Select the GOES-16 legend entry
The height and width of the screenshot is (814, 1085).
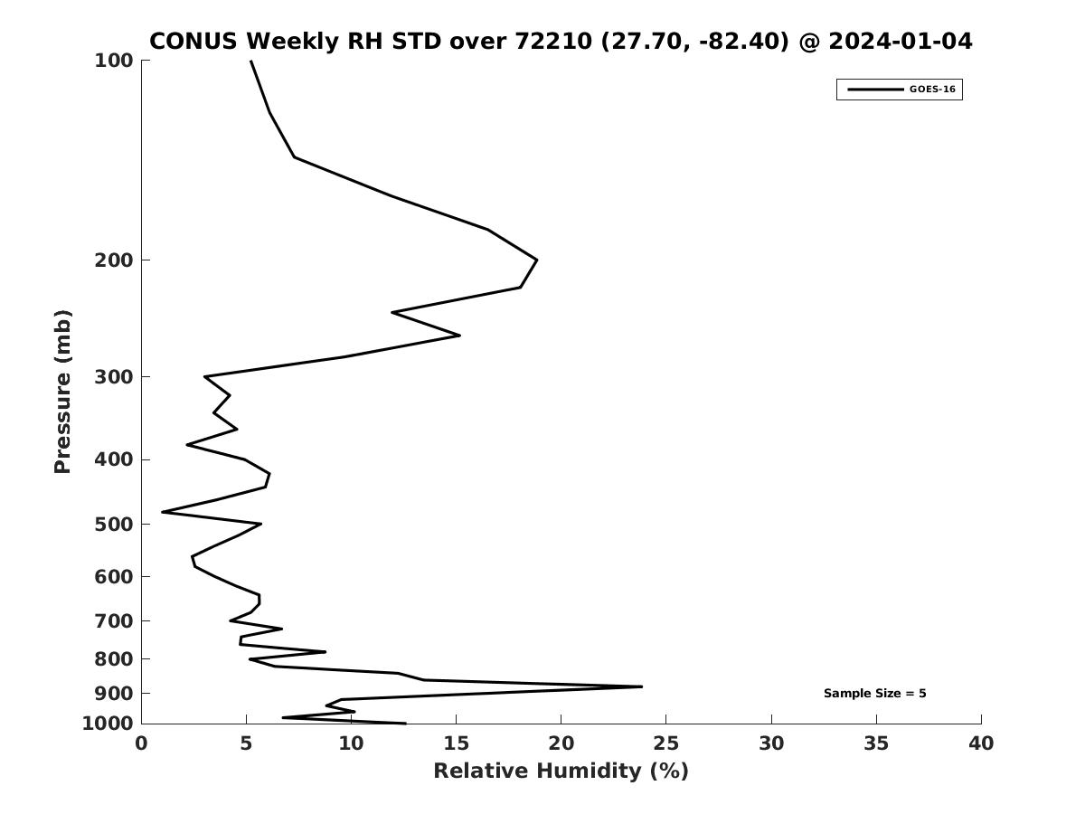coord(899,90)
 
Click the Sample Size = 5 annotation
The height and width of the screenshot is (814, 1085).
coord(874,694)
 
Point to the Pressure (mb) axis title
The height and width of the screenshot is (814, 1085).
coord(61,392)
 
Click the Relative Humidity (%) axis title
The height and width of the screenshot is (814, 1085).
coord(561,771)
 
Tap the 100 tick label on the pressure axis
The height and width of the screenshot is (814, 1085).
coord(114,61)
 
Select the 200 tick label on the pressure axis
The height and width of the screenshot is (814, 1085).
coord(114,260)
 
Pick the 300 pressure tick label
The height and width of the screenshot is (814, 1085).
coord(114,377)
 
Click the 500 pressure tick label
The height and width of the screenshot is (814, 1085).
coord(114,525)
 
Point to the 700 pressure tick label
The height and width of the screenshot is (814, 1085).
coord(114,621)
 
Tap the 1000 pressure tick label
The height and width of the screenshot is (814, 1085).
coord(108,724)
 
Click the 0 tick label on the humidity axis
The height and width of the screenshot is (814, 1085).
coord(141,743)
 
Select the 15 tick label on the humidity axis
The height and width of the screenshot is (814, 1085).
coord(456,743)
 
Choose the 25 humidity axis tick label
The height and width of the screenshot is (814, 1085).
coord(665,743)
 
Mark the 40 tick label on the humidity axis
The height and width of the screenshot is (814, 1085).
coord(980,743)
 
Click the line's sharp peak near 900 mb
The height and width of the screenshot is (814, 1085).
coord(641,686)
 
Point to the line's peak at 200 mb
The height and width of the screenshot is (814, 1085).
coord(536,260)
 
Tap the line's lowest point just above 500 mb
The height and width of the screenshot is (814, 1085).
coord(163,512)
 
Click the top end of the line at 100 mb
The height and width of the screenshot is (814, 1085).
coord(250,62)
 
